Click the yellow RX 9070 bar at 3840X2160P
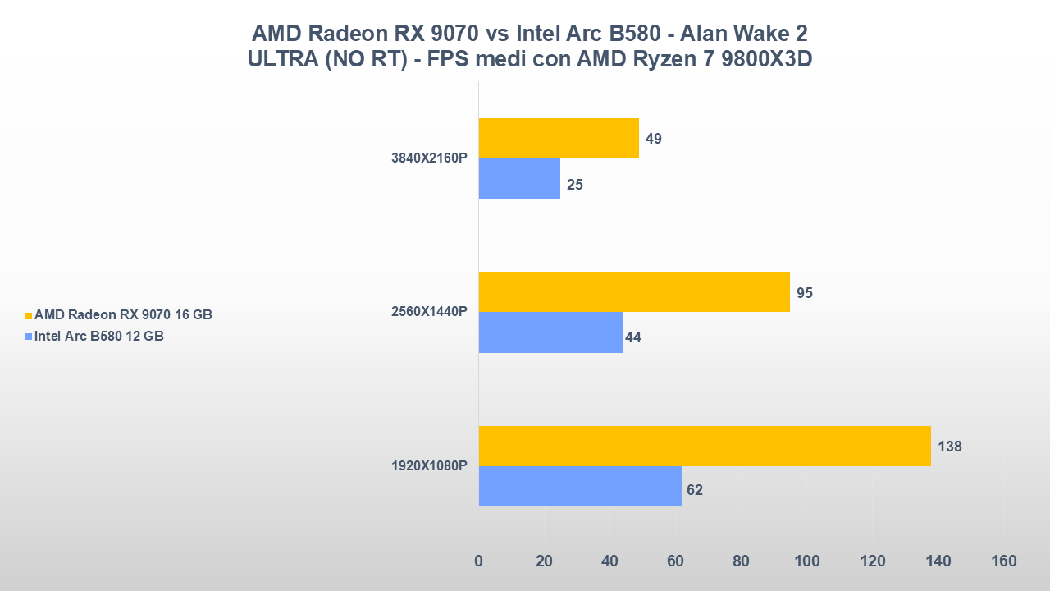point(559,138)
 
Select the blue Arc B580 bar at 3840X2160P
point(519,179)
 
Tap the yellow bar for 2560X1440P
point(634,291)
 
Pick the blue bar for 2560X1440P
point(550,332)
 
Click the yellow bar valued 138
point(705,446)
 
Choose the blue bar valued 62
point(580,486)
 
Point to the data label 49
point(654,139)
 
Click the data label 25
point(575,185)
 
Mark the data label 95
point(805,292)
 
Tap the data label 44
point(633,337)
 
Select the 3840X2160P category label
point(429,158)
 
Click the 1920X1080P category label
point(429,466)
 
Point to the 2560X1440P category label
point(429,313)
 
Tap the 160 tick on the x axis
point(1003,561)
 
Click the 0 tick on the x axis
point(479,561)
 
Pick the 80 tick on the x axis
point(741,561)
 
